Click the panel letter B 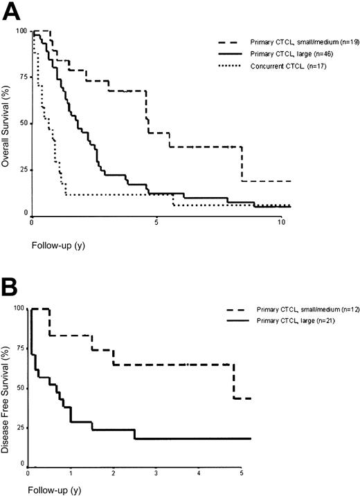tap(12, 285)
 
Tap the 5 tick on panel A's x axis tap(156, 223)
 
